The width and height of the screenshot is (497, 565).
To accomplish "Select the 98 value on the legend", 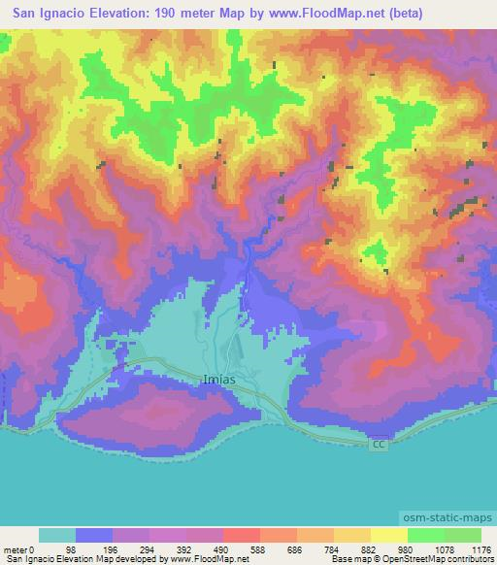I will tap(70, 548).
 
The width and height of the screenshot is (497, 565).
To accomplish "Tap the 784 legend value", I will tap(333, 548).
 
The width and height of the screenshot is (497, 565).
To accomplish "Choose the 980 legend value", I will tap(407, 548).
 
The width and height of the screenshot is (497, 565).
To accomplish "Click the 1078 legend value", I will tap(444, 548).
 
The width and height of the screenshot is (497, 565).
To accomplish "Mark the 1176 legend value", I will tap(480, 548).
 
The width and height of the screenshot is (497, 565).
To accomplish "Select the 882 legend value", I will tap(370, 548).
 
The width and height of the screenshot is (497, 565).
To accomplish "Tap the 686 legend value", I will tap(295, 548).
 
